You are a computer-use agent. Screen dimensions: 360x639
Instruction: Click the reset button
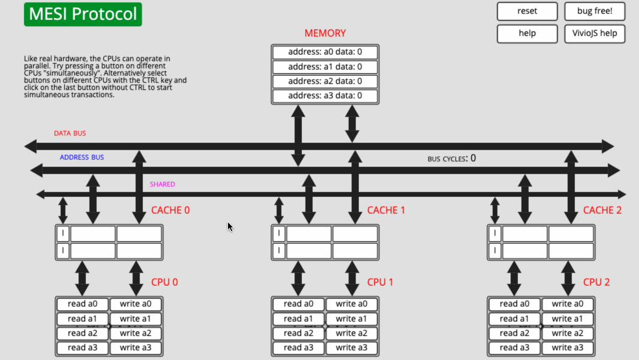(x=527, y=11)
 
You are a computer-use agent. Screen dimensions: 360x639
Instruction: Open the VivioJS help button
(x=595, y=33)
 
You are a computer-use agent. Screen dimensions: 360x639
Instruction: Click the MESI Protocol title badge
(x=83, y=14)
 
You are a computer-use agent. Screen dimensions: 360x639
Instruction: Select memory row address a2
(x=325, y=81)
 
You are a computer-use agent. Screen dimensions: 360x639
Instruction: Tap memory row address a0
(x=325, y=52)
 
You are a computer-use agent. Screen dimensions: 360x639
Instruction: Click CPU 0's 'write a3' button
(x=135, y=347)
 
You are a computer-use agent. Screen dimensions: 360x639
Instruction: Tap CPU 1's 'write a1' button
(x=351, y=319)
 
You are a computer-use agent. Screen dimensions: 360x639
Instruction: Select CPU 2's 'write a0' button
(x=567, y=304)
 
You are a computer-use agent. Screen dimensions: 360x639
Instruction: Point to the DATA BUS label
(x=70, y=133)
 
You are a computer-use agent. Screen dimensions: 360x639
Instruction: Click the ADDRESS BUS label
(x=82, y=157)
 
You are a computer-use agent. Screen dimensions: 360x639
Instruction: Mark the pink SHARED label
(x=162, y=184)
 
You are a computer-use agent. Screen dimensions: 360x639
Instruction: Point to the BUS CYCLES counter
(x=451, y=158)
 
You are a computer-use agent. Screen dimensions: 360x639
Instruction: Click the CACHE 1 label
(x=386, y=210)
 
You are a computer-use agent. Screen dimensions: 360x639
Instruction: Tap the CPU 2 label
(x=596, y=282)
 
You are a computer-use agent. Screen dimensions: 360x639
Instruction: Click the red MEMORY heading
(x=325, y=34)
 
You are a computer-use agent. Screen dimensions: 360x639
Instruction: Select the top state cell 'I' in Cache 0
(x=62, y=233)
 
